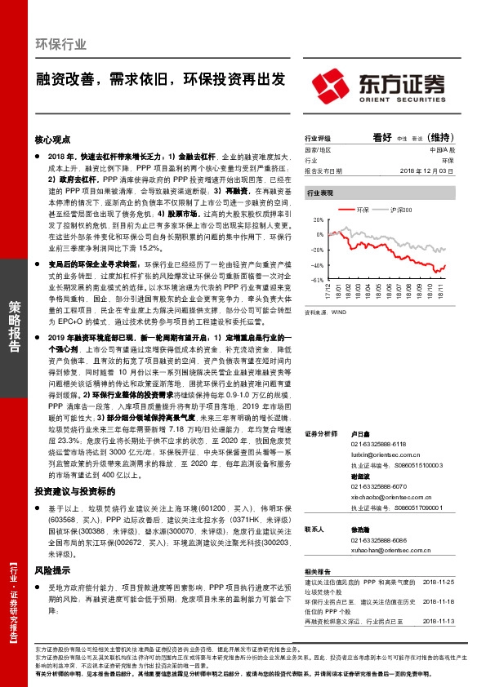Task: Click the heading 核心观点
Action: click(56, 140)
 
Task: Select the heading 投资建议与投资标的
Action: click(74, 493)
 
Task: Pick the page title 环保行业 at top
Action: click(61, 45)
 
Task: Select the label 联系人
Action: click(314, 529)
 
